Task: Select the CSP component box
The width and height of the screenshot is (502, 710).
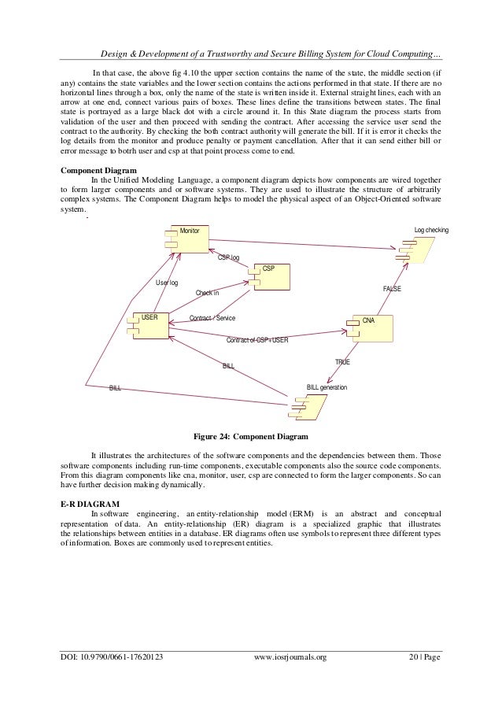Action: pyautogui.click(x=268, y=276)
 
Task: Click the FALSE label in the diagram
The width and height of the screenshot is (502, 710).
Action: pyautogui.click(x=391, y=289)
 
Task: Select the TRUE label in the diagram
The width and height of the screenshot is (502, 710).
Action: pyautogui.click(x=342, y=361)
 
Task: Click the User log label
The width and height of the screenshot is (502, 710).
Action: pyautogui.click(x=167, y=282)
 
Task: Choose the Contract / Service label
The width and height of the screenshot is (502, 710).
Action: pyautogui.click(x=212, y=318)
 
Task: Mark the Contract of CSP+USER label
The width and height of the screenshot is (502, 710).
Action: pyautogui.click(x=257, y=340)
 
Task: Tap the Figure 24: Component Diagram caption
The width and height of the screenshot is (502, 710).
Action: pyautogui.click(x=250, y=436)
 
